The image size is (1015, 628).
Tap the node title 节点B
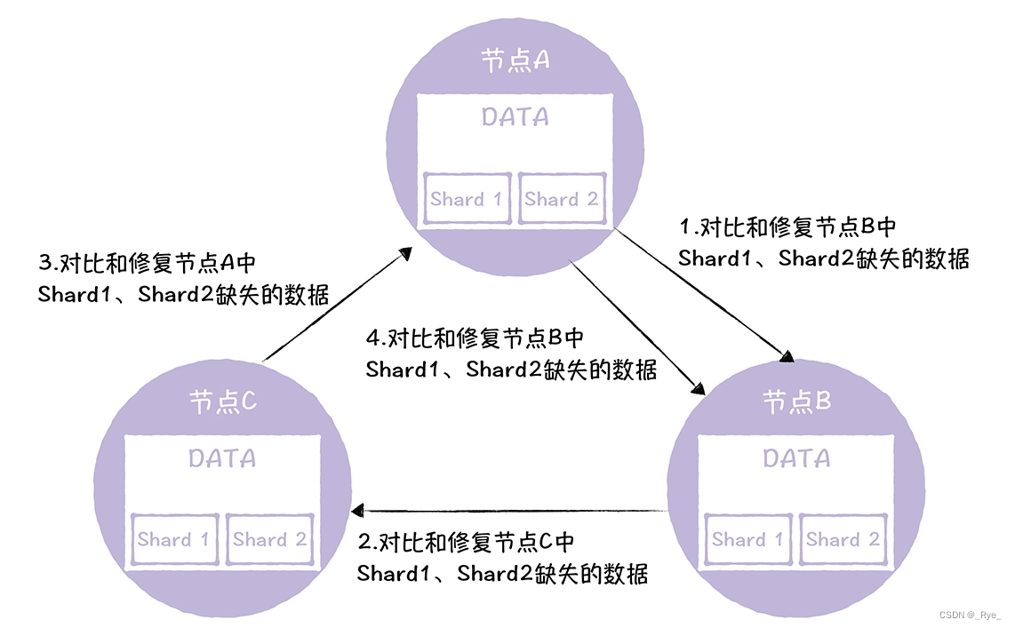tap(797, 402)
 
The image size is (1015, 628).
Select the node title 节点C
tap(223, 402)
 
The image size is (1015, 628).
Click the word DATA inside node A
tap(515, 116)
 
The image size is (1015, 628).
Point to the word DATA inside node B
tap(797, 458)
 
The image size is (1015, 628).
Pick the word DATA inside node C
tap(222, 458)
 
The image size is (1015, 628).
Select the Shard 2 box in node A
tap(562, 199)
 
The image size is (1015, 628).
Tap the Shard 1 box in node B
tap(748, 539)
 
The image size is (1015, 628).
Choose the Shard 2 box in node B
tap(843, 539)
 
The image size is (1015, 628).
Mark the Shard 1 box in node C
tap(174, 539)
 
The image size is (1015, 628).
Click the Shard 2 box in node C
tap(269, 539)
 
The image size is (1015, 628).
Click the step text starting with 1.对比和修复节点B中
tap(823, 242)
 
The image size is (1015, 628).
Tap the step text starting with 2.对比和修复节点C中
tap(502, 557)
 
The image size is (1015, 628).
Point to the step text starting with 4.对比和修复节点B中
tap(511, 354)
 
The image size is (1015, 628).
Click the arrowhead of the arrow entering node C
tap(358, 511)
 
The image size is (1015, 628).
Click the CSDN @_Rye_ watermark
tap(970, 615)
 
